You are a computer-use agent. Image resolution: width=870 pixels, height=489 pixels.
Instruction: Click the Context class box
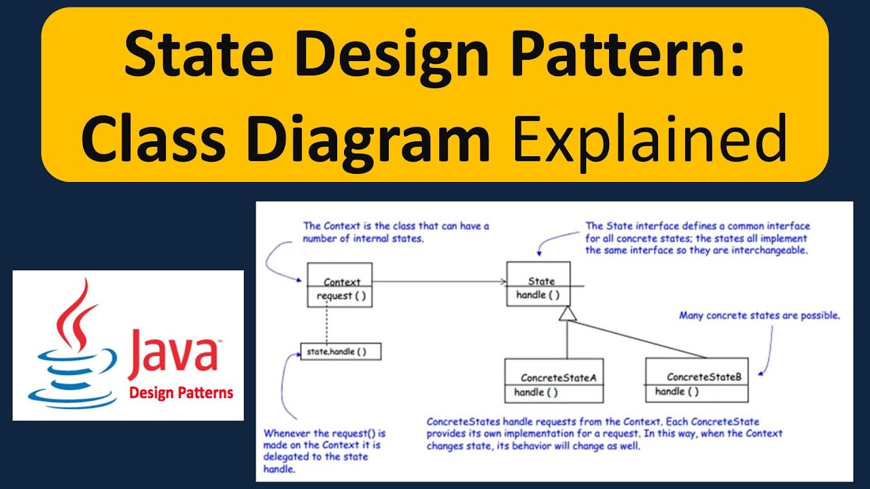point(339,285)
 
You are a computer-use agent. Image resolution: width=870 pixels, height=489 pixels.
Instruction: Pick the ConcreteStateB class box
point(697,380)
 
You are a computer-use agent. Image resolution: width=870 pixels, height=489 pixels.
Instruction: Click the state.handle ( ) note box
point(341,351)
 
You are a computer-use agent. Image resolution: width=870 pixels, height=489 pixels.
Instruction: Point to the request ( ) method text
point(343,296)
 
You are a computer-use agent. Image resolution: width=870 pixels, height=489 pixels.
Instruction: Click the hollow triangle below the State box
point(566,313)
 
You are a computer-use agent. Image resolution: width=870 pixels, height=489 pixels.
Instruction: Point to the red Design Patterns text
point(181,393)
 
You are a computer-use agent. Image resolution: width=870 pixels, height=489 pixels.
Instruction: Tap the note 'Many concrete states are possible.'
point(760,316)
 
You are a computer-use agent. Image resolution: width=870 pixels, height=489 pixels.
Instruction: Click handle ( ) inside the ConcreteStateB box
point(677,391)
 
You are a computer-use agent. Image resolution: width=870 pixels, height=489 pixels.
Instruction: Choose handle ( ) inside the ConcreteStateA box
point(536,392)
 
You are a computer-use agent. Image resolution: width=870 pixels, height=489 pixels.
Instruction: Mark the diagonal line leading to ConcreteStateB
point(639,340)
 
